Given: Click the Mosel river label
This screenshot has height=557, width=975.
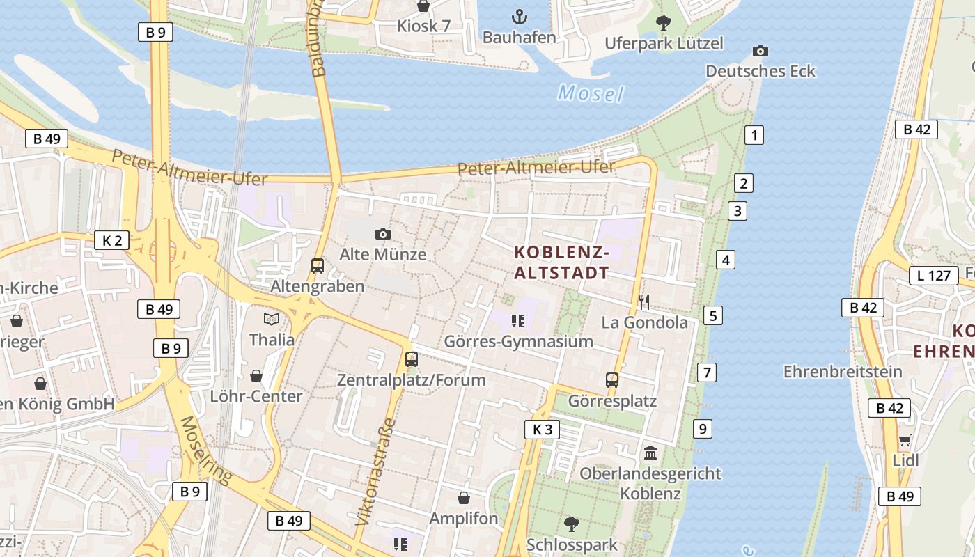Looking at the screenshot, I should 591,93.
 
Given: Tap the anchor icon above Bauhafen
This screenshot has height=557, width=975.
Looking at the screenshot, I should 519,16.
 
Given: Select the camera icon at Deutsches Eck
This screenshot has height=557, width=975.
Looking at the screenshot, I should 760,51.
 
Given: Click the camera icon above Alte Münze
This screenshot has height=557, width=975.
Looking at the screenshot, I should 382,234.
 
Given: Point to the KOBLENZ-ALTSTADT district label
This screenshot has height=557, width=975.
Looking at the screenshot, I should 561,262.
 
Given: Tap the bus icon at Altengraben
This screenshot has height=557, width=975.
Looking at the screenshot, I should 318,265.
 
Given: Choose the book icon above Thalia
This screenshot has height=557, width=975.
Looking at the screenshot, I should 272,319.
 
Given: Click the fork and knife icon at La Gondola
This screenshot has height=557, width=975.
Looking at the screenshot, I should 644,301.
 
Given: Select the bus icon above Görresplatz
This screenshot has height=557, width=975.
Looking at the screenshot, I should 612,380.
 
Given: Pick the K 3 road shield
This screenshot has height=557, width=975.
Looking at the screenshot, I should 542,430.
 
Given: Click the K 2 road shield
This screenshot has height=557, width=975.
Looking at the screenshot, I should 112,241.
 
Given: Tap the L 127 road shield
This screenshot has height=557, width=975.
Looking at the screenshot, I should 933,276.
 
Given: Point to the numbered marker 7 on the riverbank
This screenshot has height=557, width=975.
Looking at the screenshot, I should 707,372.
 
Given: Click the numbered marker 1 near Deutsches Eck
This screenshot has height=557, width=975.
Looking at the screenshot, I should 754,135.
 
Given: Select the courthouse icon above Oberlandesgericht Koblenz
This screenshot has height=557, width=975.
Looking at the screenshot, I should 650,453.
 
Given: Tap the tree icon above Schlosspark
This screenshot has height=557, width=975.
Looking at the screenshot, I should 572,523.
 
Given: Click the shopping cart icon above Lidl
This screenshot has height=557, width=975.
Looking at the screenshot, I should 905,440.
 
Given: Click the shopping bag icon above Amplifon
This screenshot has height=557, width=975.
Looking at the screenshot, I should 464,498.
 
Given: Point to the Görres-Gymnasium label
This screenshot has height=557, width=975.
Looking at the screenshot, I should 519,341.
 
